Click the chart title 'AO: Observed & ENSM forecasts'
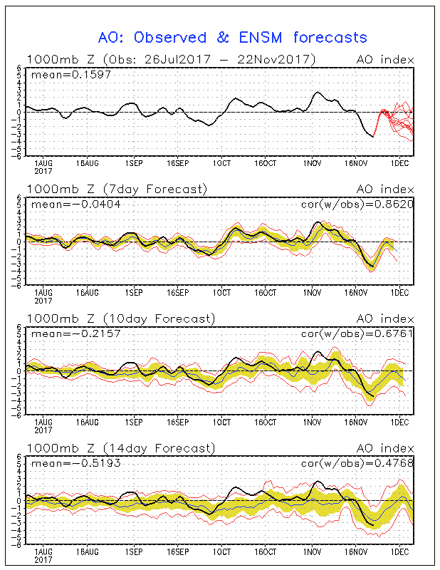(x=233, y=38)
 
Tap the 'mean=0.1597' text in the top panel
(x=71, y=76)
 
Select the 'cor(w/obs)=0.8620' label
(x=357, y=204)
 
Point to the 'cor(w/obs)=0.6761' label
(x=357, y=333)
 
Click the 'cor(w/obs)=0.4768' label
(x=357, y=464)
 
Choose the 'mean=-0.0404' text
(x=76, y=204)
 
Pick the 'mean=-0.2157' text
(x=76, y=333)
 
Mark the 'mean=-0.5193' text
(x=76, y=464)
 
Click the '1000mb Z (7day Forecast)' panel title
(x=117, y=190)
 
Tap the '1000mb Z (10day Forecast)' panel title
(x=121, y=319)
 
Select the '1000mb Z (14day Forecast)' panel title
(x=121, y=449)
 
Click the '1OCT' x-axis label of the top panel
(x=221, y=163)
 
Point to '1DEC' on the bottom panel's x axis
(x=399, y=551)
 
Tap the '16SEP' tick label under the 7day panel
(x=178, y=293)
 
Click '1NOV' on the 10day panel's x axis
(x=312, y=423)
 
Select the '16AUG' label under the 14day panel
(x=87, y=551)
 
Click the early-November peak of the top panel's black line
(x=318, y=92)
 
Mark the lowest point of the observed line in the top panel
(x=373, y=137)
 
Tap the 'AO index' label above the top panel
(x=385, y=60)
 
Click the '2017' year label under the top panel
(x=43, y=171)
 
